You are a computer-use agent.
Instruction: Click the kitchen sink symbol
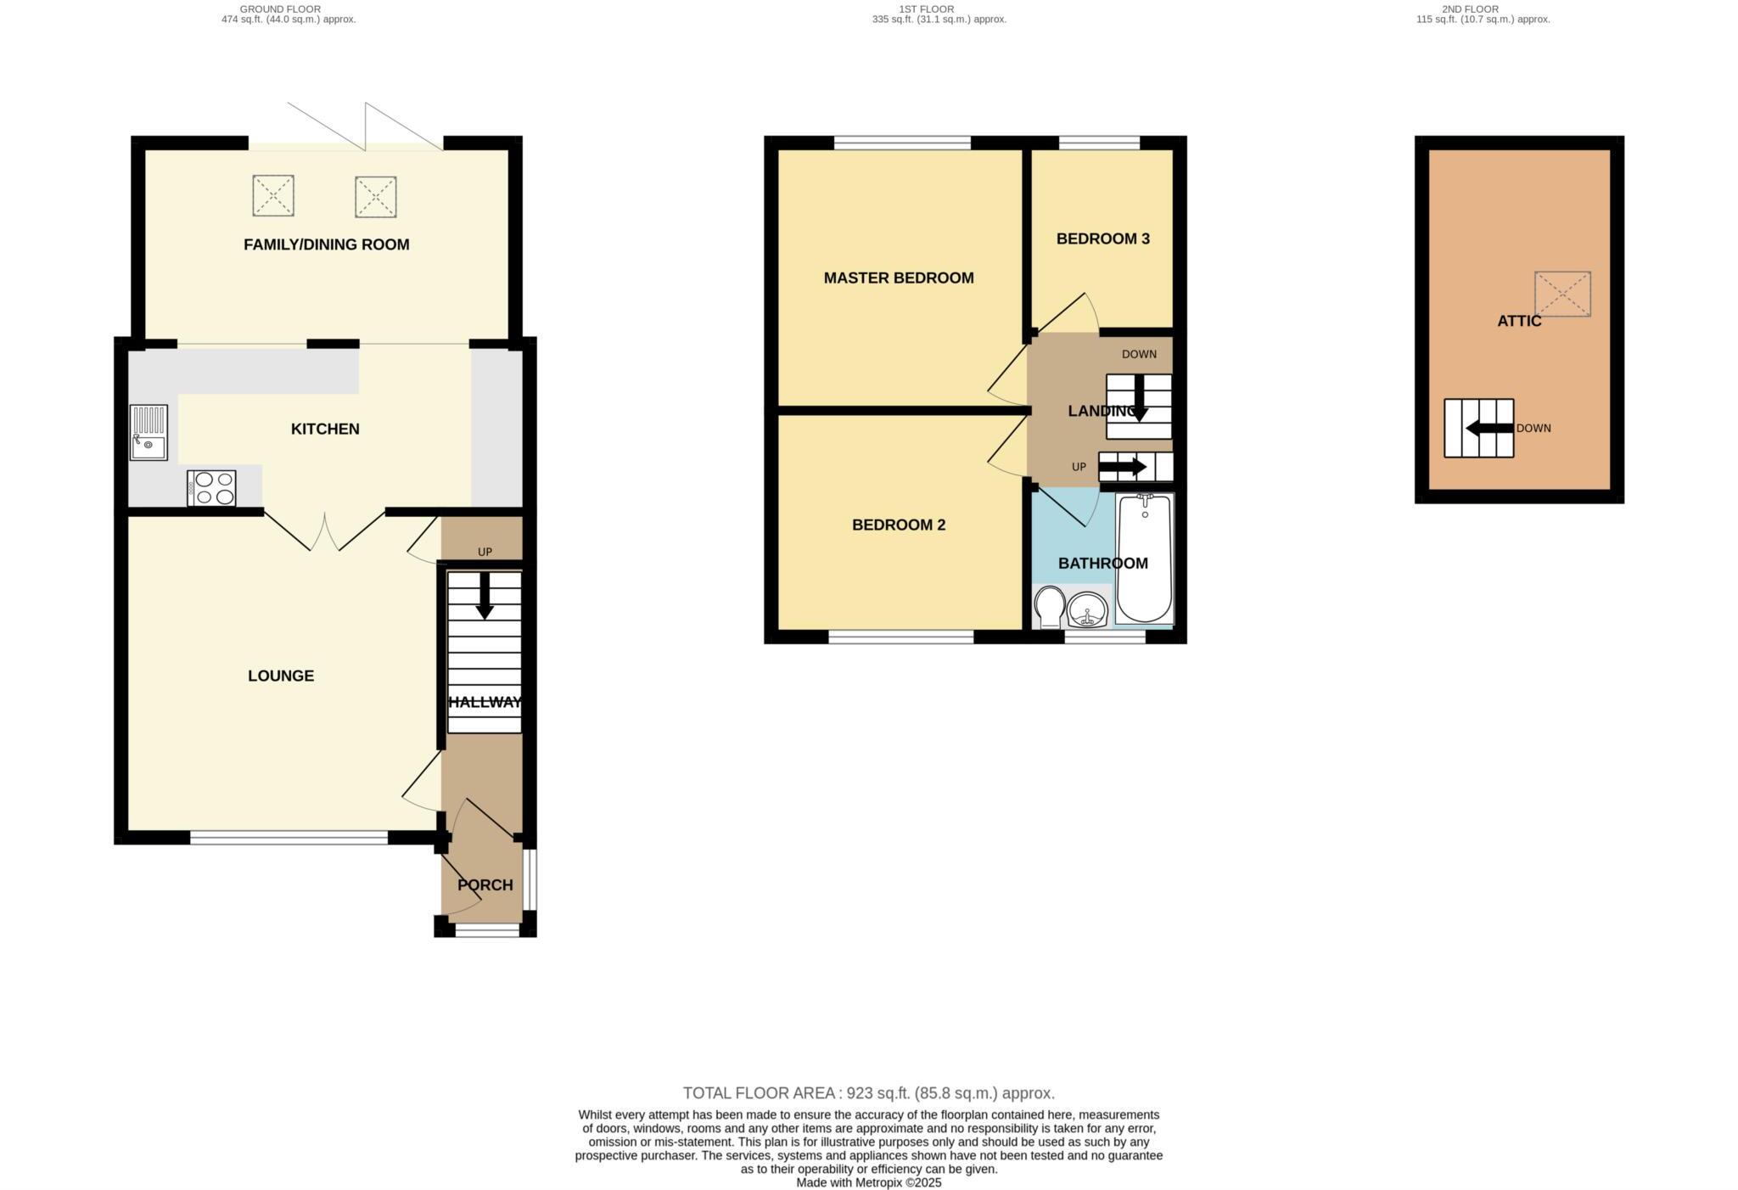point(149,432)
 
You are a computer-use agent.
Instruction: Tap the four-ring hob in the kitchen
point(212,488)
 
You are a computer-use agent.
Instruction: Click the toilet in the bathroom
point(1050,606)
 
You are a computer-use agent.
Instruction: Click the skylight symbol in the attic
point(1561,294)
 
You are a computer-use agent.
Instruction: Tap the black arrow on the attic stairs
point(1489,428)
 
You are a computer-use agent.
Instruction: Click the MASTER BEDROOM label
point(898,278)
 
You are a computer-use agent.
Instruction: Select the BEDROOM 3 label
point(1102,239)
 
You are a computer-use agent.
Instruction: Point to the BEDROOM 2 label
point(898,525)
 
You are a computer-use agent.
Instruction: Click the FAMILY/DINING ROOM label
point(326,244)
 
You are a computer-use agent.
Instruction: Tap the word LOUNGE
point(280,676)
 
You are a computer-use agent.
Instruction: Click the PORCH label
point(485,884)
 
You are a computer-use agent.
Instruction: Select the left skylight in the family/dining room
point(272,195)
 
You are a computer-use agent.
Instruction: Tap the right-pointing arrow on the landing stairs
point(1123,467)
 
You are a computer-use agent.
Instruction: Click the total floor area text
point(868,1093)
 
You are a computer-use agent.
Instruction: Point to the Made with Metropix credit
point(868,1182)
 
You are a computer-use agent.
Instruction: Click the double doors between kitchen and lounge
point(325,530)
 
